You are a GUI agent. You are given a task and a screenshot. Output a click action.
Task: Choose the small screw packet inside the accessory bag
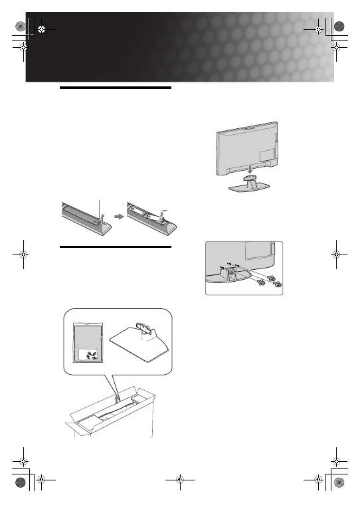click(86, 356)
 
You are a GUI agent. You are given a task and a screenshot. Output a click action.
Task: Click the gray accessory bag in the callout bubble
click(84, 342)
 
